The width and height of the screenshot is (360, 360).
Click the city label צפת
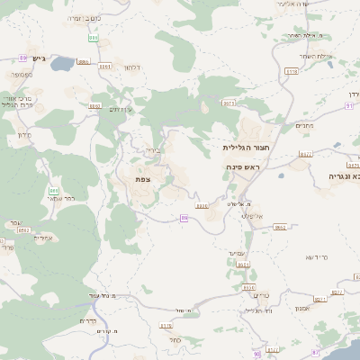[142, 180]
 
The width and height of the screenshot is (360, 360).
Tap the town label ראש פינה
[243, 168]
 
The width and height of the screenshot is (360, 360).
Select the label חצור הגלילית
[243, 145]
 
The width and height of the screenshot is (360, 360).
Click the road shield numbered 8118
[291, 70]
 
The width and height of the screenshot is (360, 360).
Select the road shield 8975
[229, 103]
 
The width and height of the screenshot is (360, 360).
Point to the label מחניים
[304, 126]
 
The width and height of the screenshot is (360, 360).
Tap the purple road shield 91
[349, 105]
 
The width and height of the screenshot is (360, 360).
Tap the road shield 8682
[280, 227]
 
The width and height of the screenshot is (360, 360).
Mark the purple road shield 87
[315, 352]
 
